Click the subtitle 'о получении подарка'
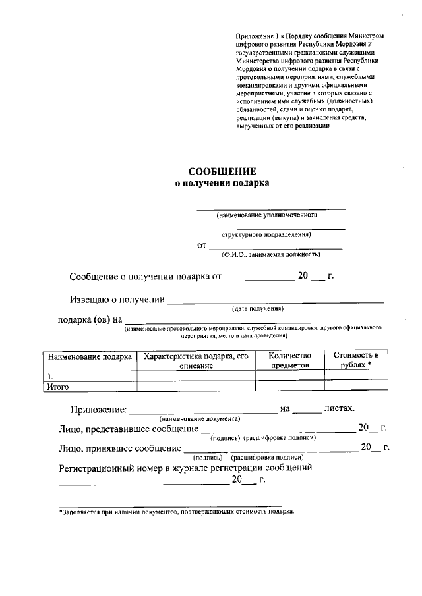point(222,184)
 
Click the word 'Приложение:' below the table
point(98,410)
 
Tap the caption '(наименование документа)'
point(199,419)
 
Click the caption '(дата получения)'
point(258,308)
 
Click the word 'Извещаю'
point(88,300)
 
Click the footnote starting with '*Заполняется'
point(177,511)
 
